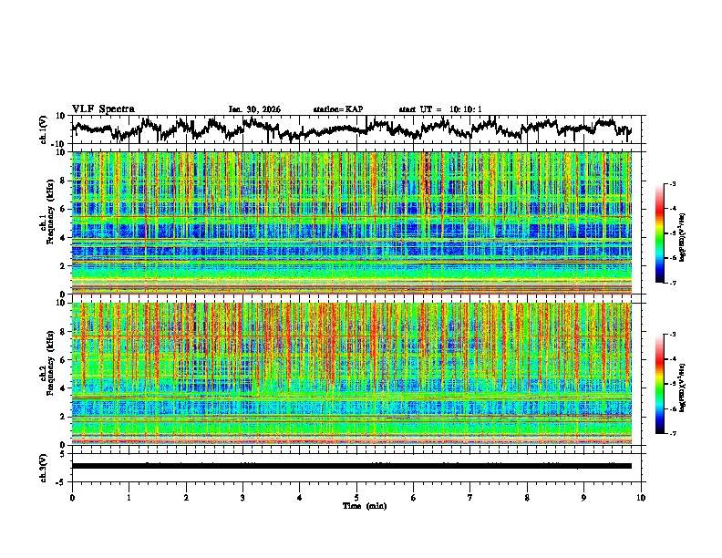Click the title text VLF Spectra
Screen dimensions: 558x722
pos(103,108)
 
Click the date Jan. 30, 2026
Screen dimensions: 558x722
pos(254,109)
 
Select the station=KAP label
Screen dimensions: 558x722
pos(337,109)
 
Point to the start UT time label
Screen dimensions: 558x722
pos(440,109)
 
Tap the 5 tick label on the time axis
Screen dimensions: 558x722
pos(356,498)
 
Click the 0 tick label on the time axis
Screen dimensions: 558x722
pos(72,498)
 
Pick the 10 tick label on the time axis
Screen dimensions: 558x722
pos(641,498)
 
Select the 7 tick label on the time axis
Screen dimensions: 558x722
pos(470,498)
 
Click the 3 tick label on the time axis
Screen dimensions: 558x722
pos(242,498)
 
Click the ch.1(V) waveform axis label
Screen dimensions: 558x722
pos(44,129)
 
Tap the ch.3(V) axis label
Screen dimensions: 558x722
pos(44,466)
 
